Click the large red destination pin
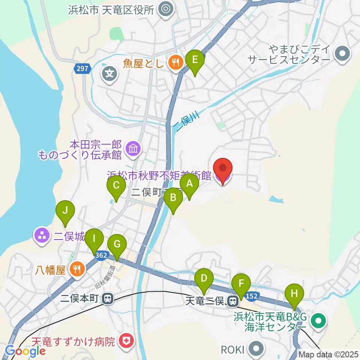(223, 170)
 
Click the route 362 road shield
(101, 255)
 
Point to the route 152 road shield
(252, 296)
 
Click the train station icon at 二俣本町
(108, 299)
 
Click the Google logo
(25, 351)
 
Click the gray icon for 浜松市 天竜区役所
(165, 9)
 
